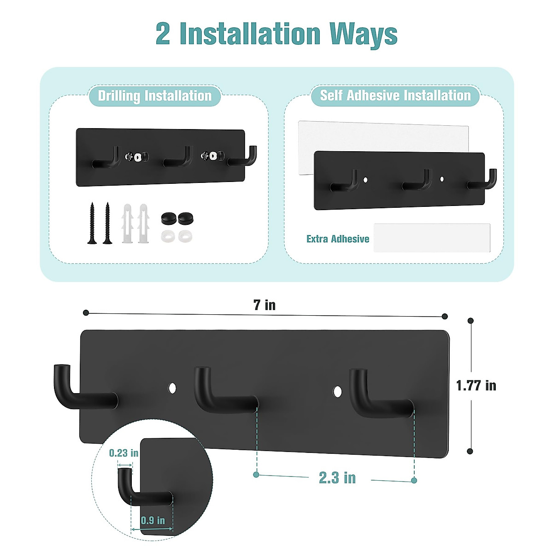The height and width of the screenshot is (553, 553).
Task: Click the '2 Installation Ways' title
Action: coord(276,34)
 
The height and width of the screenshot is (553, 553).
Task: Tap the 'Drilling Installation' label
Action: coord(155,96)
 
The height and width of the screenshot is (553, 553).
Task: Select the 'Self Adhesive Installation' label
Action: coord(395,95)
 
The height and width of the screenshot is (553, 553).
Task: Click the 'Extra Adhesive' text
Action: coord(338,239)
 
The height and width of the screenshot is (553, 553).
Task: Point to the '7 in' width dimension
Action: coord(265,305)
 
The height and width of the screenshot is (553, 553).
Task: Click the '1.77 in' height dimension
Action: coord(476,385)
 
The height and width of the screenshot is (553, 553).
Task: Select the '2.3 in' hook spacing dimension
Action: coord(337,478)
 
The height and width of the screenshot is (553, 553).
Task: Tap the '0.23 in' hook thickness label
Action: coord(124,453)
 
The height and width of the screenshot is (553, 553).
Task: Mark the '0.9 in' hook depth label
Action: coord(153,520)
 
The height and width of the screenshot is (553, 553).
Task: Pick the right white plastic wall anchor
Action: coord(143,223)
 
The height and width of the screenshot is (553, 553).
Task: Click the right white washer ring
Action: coord(185,236)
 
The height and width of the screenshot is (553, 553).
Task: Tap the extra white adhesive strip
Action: coord(432,238)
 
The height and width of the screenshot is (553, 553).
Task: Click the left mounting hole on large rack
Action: coord(172,388)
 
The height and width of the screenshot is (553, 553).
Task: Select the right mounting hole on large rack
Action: coord(337,392)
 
